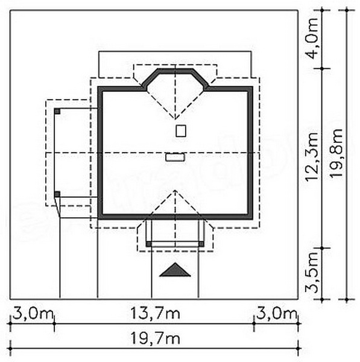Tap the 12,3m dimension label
(312, 157)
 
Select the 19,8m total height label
(336, 153)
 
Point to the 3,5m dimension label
(312, 273)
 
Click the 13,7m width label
(156, 313)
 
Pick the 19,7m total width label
(156, 338)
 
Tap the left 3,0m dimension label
(33, 313)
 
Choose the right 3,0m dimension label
(276, 313)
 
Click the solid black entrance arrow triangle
(175, 270)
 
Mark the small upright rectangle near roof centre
(181, 131)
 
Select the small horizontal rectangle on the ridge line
(175, 157)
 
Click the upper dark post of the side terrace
(57, 111)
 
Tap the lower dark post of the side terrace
(57, 194)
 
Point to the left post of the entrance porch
(149, 244)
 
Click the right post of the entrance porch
(201, 244)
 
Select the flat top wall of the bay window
(175, 71)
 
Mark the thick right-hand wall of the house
(250, 153)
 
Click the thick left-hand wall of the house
(100, 153)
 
